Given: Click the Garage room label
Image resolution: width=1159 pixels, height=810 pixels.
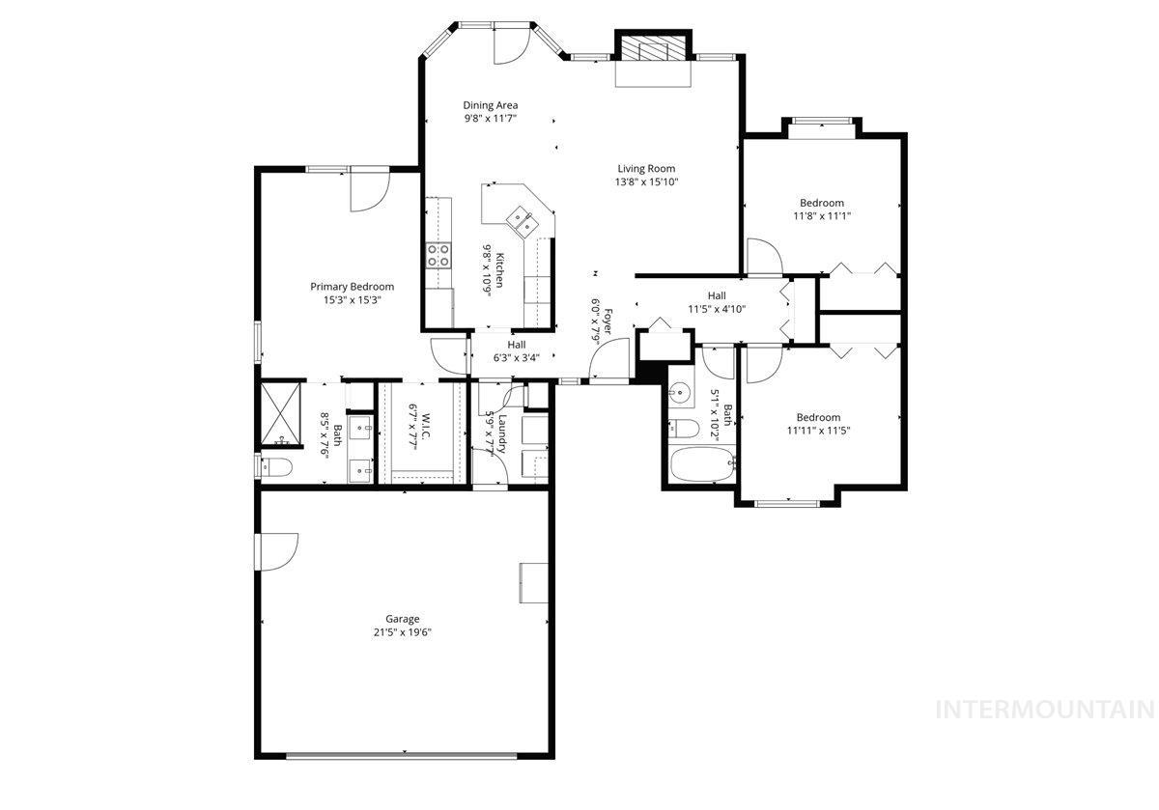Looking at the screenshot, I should (403, 619).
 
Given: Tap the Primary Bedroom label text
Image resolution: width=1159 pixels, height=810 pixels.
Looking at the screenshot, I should (352, 287).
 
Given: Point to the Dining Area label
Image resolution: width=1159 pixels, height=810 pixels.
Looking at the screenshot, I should (491, 105).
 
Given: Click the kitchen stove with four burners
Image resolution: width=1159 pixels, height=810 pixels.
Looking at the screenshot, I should (438, 255).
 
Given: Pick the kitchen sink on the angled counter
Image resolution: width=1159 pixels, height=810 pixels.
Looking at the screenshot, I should (525, 221).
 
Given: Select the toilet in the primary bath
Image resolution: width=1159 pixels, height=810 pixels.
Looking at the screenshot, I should (275, 468).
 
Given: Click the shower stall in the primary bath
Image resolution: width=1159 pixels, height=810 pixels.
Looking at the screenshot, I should (279, 417).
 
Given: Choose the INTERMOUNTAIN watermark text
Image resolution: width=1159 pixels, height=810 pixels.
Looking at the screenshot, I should (1045, 710).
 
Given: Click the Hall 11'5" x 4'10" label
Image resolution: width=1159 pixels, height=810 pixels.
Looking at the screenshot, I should (716, 302).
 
